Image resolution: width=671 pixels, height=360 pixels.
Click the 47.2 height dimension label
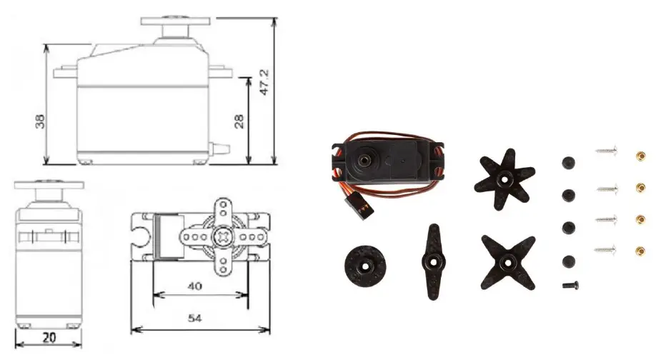point(264,82)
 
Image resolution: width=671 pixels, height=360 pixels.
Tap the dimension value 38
point(40,121)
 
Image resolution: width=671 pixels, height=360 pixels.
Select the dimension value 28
point(239,121)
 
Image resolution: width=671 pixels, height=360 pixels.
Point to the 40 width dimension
point(194,286)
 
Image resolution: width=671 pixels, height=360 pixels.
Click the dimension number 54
point(194,318)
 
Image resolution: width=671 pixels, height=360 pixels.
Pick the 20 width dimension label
point(49,338)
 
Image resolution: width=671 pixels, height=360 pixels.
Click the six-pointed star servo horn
point(505,179)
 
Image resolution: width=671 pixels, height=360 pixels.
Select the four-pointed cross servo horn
point(508,262)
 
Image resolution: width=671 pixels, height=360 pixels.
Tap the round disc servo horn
point(365,266)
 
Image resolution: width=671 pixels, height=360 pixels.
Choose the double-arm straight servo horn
point(434,261)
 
